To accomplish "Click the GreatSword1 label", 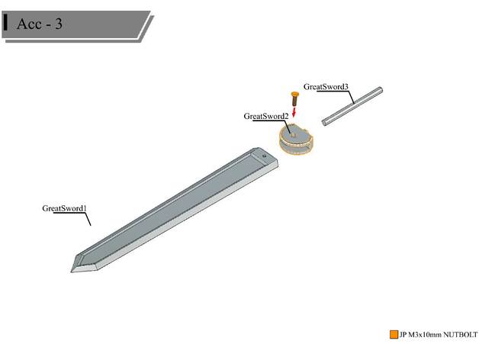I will pyautogui.click(x=64, y=208).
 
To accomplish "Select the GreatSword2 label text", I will pyautogui.click(x=265, y=116).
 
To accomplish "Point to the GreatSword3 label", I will pyautogui.click(x=326, y=86).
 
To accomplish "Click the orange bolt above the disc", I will pyautogui.click(x=294, y=98).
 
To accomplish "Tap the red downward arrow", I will pyautogui.click(x=294, y=113).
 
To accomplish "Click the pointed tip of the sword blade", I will pyautogui.click(x=73, y=268).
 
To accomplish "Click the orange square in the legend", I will pyautogui.click(x=394, y=334).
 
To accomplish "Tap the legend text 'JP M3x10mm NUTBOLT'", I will pyautogui.click(x=433, y=335).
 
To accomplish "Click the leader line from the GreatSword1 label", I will pyautogui.click(x=88, y=219).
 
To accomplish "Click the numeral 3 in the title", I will pyautogui.click(x=58, y=24).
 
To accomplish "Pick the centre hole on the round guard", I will pyautogui.click(x=292, y=134).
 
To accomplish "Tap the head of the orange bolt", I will pyautogui.click(x=294, y=95).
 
